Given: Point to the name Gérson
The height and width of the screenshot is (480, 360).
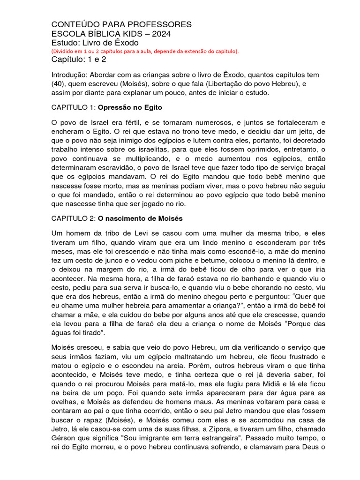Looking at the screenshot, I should coord(63,438).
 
